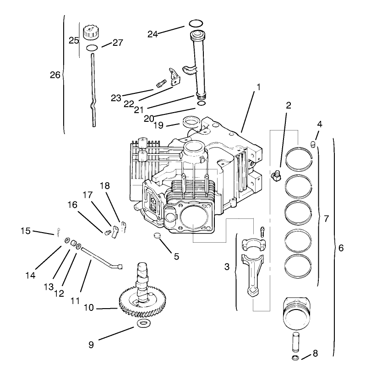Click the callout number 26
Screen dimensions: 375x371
pos(55,75)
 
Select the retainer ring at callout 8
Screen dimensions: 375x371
pos(296,357)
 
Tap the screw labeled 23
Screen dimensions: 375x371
pos(160,85)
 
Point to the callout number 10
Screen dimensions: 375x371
pos(88,308)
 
